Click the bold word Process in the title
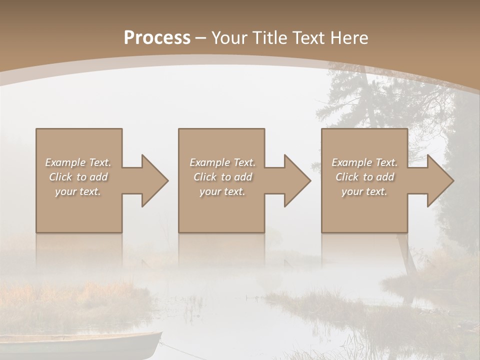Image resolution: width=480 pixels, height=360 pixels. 157,38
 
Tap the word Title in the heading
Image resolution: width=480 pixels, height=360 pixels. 269,38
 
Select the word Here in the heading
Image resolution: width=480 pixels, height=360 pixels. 349,38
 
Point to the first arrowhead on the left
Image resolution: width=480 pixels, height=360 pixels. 152,180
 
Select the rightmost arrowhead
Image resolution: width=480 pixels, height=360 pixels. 438,180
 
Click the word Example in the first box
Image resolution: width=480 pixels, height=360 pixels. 65,162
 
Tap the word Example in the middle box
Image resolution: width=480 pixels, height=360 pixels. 209,162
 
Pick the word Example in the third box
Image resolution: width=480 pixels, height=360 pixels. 351,162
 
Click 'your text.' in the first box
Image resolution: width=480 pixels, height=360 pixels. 78,191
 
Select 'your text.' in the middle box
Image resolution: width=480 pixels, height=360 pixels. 222,191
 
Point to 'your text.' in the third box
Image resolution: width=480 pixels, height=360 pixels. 364,191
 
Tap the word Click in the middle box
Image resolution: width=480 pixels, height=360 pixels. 205,177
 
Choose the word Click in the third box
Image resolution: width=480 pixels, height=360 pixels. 347,177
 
